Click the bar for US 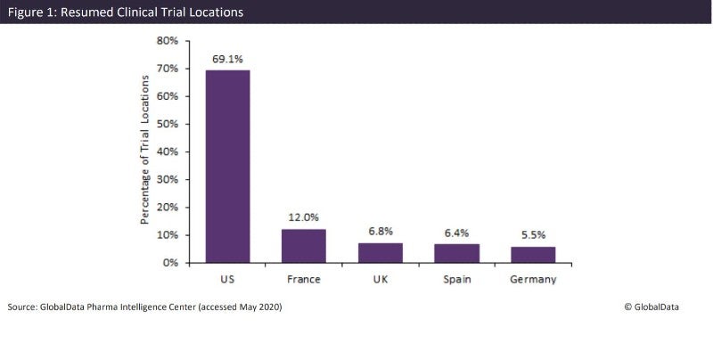pos(227,167)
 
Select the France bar pos(304,246)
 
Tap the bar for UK pos(381,253)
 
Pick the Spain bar pos(456,254)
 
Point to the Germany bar pos(533,255)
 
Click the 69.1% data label pos(227,59)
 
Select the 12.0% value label pos(304,217)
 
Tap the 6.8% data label pos(381,232)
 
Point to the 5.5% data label pos(533,235)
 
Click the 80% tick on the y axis pos(168,41)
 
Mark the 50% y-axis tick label pos(168,124)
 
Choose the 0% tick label pos(171,263)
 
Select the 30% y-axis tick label pos(168,179)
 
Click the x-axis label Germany pos(533,280)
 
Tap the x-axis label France pos(304,280)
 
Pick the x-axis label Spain pos(456,280)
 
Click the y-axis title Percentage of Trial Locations pos(144,151)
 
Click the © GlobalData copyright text pos(652,307)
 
